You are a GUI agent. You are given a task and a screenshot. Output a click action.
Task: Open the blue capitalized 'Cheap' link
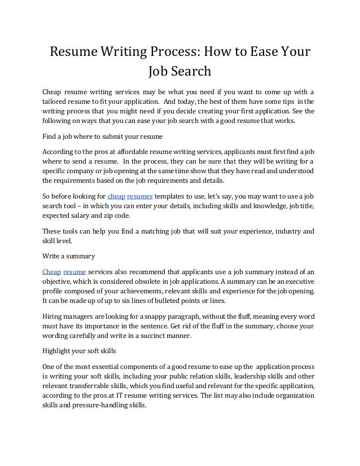point(52,271)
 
